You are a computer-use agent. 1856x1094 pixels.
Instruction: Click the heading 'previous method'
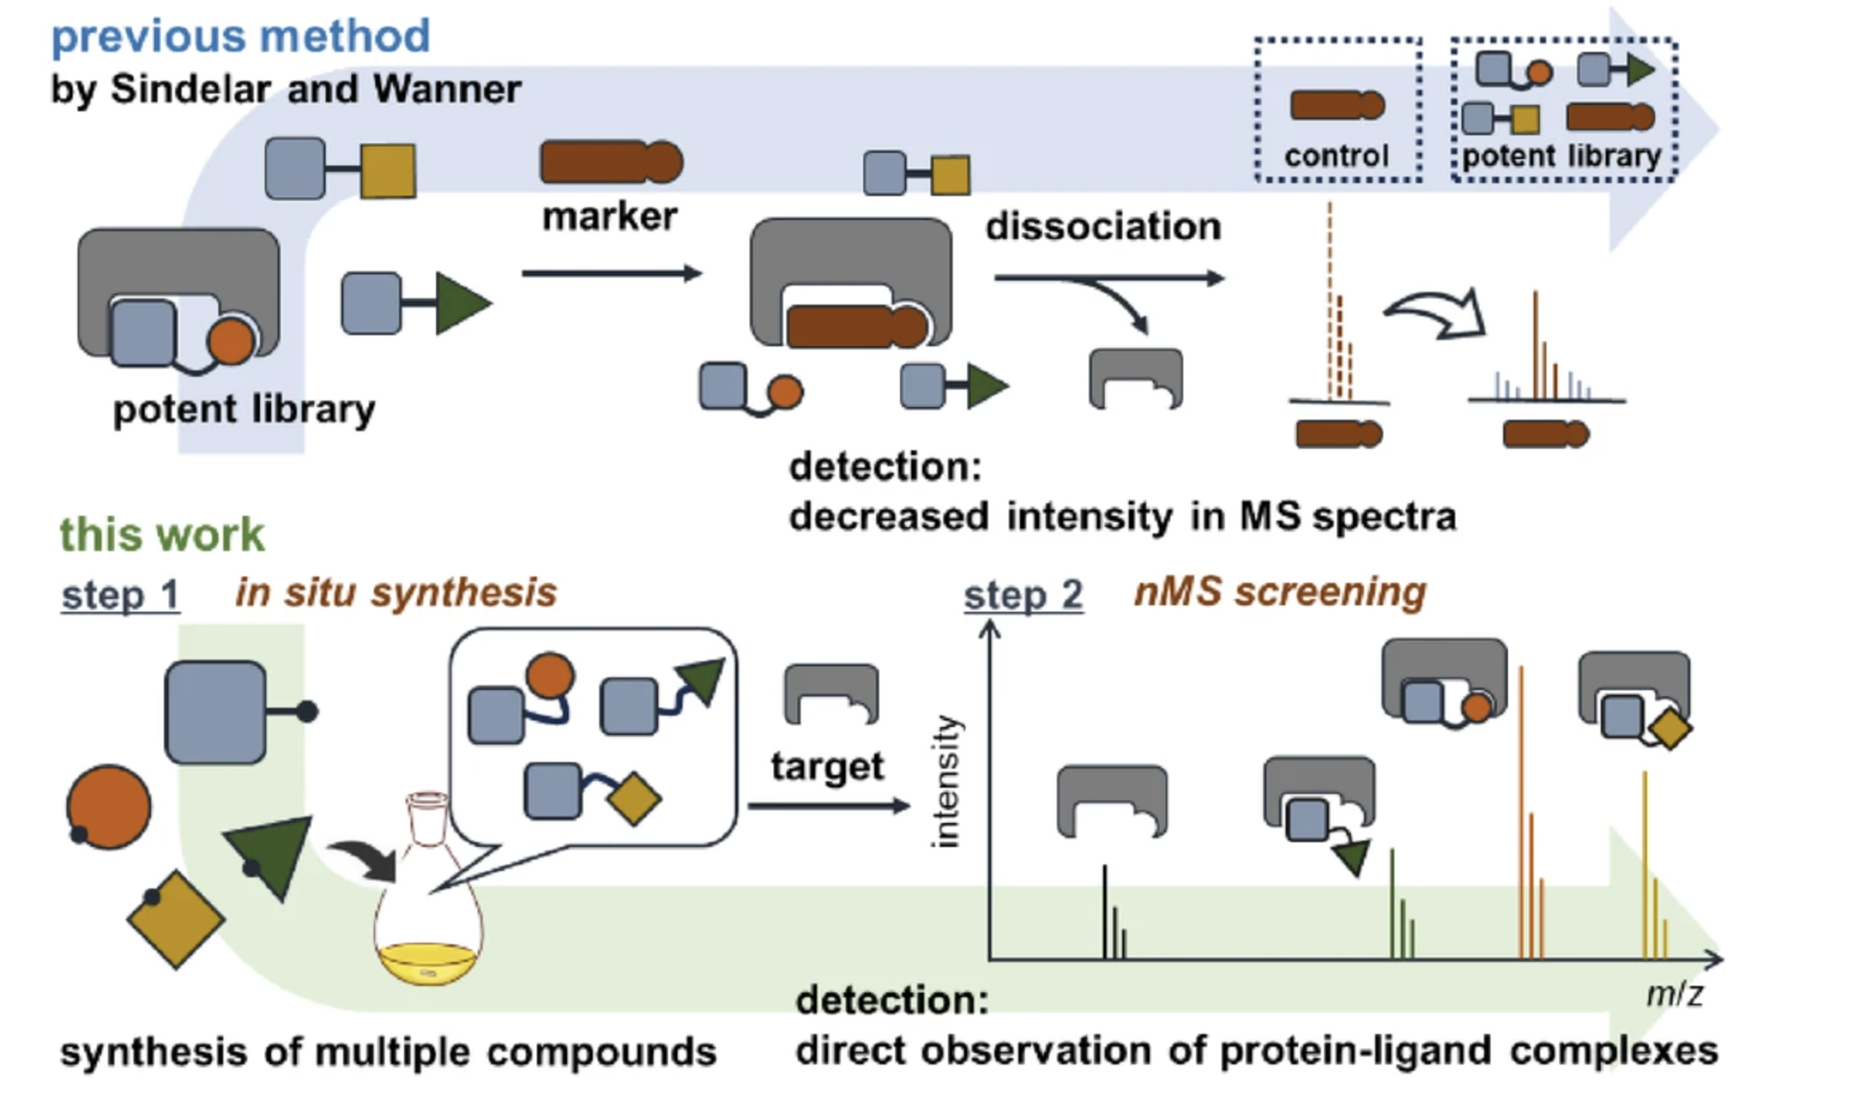(x=241, y=37)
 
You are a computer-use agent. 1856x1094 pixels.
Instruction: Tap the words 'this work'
(x=162, y=534)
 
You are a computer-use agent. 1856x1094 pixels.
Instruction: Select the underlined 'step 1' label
(x=121, y=594)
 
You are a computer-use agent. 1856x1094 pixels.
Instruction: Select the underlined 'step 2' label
(x=1023, y=595)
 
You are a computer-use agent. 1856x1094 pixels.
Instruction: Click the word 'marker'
(x=610, y=217)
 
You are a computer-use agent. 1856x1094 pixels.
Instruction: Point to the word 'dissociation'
(x=1103, y=226)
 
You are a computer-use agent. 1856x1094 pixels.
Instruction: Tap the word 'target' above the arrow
(x=827, y=766)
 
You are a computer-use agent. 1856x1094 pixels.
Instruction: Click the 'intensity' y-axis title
(x=946, y=781)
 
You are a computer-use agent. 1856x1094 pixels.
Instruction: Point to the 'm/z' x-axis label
(x=1674, y=994)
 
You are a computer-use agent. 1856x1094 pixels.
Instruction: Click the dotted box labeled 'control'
(x=1338, y=110)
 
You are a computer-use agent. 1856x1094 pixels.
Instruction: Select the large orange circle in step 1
(x=108, y=807)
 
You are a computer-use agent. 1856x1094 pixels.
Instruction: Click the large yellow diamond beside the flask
(x=176, y=920)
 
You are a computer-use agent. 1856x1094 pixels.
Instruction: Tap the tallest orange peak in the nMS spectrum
(x=1521, y=812)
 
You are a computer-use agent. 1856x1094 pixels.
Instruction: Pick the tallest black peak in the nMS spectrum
(x=1105, y=912)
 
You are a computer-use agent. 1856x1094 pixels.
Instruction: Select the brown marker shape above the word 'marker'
(x=612, y=162)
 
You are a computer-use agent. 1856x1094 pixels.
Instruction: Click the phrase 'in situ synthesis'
(x=396, y=593)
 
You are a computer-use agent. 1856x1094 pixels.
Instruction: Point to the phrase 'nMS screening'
(x=1280, y=592)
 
